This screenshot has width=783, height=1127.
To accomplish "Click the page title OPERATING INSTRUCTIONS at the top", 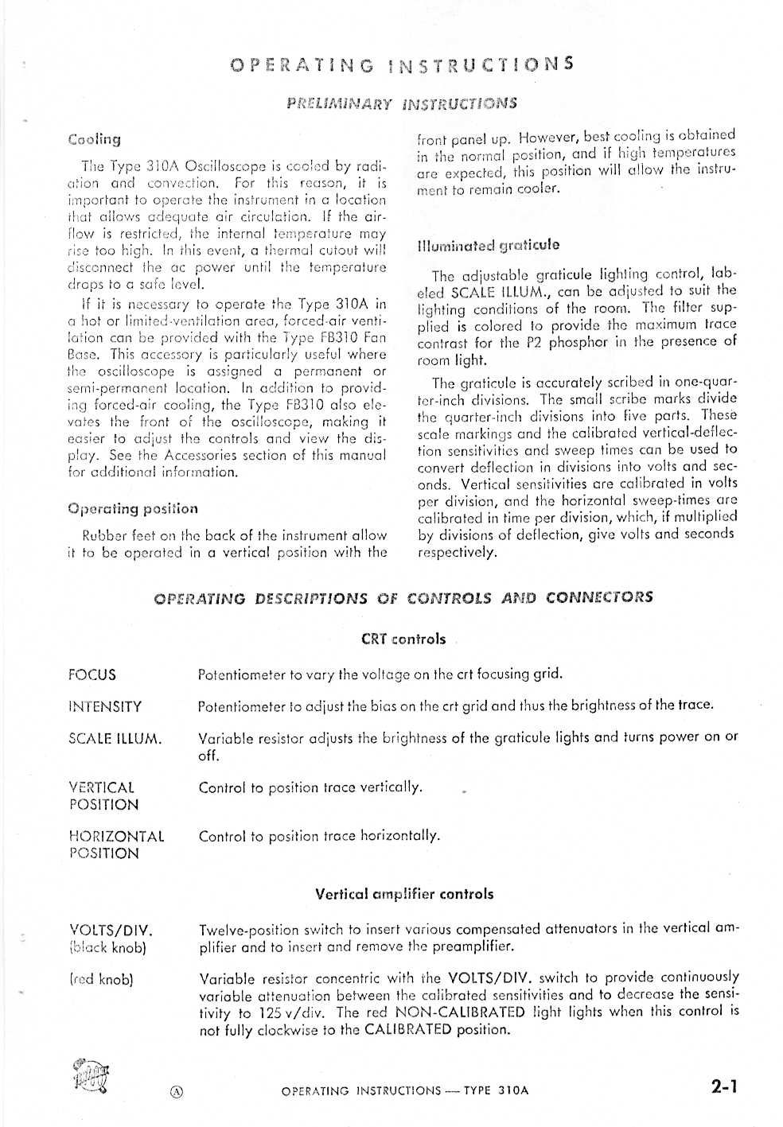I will pyautogui.click(x=401, y=64).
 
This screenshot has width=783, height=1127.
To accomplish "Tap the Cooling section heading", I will pyautogui.click(x=95, y=140).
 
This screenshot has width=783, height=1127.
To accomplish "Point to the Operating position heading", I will pyautogui.click(x=133, y=509).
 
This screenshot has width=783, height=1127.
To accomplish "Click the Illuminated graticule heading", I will pyautogui.click(x=488, y=246).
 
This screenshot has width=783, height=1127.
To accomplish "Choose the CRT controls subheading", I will pyautogui.click(x=403, y=639).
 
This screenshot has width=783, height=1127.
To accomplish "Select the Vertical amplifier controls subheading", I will pyautogui.click(x=403, y=894).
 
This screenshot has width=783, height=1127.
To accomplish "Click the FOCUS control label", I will pyautogui.click(x=92, y=675).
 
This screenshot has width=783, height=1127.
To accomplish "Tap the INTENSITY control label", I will pyautogui.click(x=105, y=707).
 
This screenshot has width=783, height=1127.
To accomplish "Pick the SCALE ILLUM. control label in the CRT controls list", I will pyautogui.click(x=115, y=739).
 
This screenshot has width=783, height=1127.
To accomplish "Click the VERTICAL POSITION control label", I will pyautogui.click(x=103, y=796).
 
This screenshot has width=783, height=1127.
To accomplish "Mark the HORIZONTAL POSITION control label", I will pyautogui.click(x=116, y=845).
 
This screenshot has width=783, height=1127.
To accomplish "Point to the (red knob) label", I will pyautogui.click(x=101, y=980).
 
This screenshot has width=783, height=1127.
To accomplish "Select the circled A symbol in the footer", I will pyautogui.click(x=177, y=1092).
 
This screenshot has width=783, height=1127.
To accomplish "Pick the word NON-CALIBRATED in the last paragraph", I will pyautogui.click(x=459, y=1012).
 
